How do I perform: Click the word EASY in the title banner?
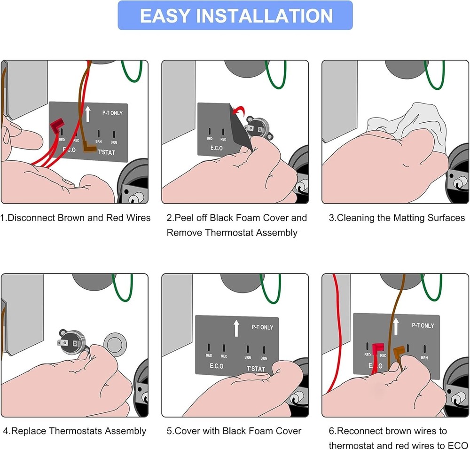pos(165,16)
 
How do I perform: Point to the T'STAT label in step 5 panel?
pos(256,369)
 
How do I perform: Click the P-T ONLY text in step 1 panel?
pos(112,113)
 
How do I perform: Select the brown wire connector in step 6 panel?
pos(399,353)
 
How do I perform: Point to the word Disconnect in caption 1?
pos(31,218)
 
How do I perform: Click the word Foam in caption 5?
pos(238,431)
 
